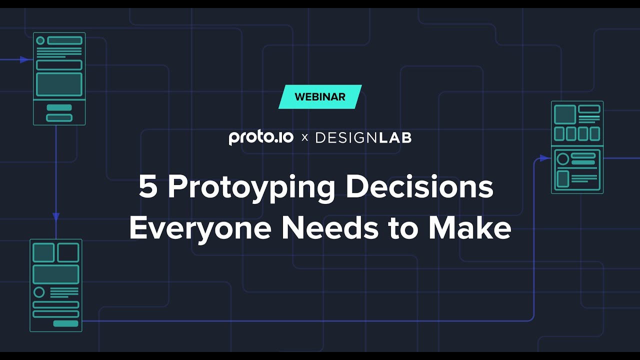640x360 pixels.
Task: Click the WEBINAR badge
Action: pos(320,97)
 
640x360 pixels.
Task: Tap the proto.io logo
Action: pos(261,137)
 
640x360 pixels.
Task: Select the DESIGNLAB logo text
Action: pos(363,137)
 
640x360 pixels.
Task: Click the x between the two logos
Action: pos(304,138)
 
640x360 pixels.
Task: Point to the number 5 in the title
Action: pos(147,187)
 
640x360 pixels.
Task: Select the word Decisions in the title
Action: pos(419,187)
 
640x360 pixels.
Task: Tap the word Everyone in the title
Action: pos(200,228)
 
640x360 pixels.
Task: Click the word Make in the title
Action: pos(469,228)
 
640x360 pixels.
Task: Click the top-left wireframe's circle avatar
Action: pos(40,40)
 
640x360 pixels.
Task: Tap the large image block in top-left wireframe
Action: pos(59,84)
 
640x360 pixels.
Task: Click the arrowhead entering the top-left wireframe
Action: pos(24,59)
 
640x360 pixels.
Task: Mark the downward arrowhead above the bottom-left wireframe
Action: pos(56,216)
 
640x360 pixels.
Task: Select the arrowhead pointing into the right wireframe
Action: pos(544,158)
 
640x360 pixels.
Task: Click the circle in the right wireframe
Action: pos(563,159)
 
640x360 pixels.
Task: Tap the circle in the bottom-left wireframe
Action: pos(39,292)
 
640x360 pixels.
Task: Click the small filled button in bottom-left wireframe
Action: pos(65,323)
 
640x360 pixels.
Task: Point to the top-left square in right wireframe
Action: pos(565,114)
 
